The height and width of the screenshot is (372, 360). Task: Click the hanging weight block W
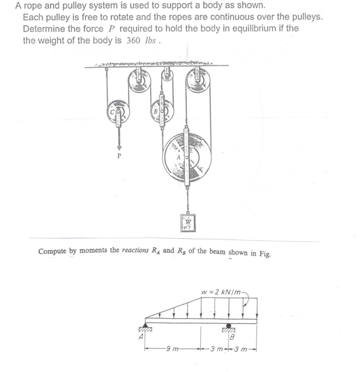point(188,223)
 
